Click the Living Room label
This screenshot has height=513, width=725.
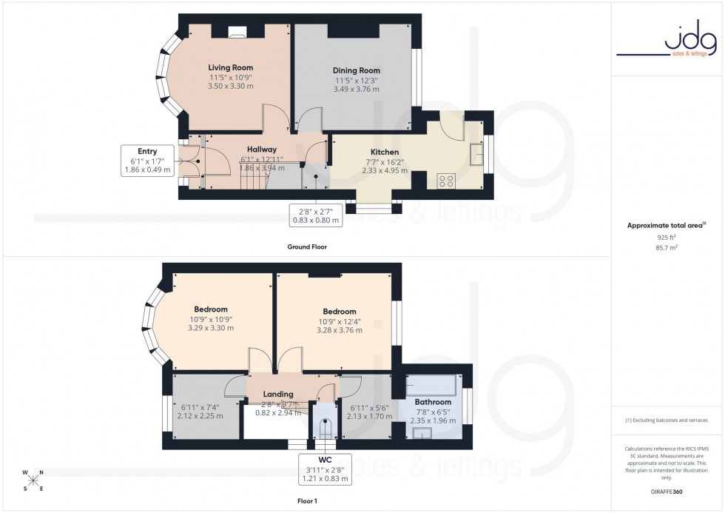pyautogui.click(x=226, y=67)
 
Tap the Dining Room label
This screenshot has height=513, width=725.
pyautogui.click(x=356, y=70)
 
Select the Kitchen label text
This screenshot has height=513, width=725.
pyautogui.click(x=385, y=152)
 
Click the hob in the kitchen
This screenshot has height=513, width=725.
pyautogui.click(x=447, y=180)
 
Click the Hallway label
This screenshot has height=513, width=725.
pyautogui.click(x=262, y=149)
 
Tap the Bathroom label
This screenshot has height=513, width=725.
pyautogui.click(x=433, y=402)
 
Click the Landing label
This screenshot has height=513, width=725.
pyautogui.click(x=278, y=394)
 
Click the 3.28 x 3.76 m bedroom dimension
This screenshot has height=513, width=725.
pyautogui.click(x=340, y=330)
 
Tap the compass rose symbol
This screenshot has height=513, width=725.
pyautogui.click(x=34, y=480)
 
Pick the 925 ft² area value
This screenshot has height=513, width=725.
pyautogui.click(x=667, y=237)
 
